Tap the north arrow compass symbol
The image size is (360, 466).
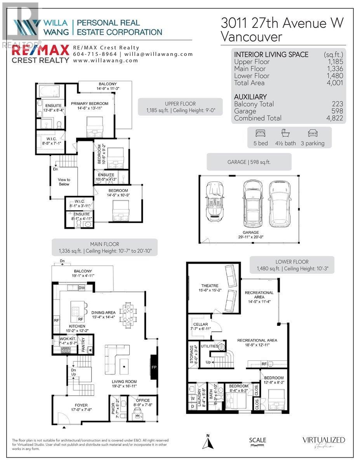point(209,442)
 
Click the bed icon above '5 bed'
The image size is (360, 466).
point(259,133)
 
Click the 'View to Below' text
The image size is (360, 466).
point(64,182)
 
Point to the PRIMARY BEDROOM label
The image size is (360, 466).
point(89,103)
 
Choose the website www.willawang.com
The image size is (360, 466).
point(105,61)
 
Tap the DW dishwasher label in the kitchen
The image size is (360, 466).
point(82,288)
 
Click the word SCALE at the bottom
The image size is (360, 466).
point(258,440)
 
